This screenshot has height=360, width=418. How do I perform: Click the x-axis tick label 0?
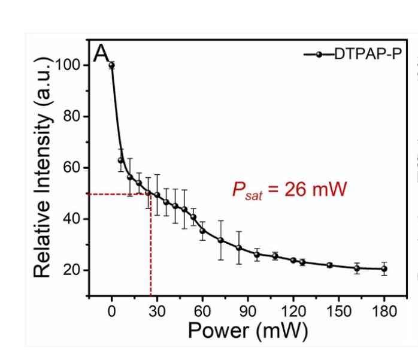(x=111, y=311)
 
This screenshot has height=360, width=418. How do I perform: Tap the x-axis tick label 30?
(x=157, y=311)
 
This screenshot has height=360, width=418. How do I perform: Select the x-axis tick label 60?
(x=202, y=311)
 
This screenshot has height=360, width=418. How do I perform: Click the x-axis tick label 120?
(x=293, y=311)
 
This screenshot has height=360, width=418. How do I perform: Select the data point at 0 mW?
(x=111, y=65)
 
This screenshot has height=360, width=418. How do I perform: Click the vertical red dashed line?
(x=151, y=252)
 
